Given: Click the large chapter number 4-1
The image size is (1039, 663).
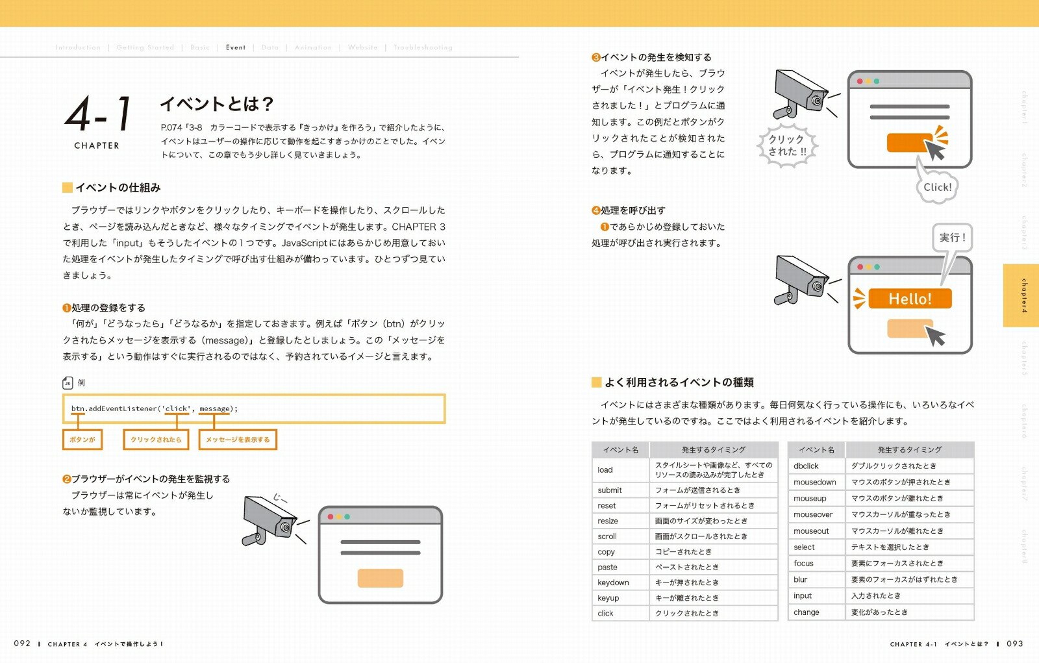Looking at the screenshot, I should [x=99, y=113].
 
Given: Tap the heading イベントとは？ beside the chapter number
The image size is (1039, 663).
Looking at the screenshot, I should [x=217, y=104].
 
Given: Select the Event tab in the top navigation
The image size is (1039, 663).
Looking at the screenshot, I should [x=236, y=47].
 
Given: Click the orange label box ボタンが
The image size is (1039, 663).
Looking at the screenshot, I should [x=82, y=440].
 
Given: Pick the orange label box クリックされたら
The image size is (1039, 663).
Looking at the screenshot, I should [x=156, y=440].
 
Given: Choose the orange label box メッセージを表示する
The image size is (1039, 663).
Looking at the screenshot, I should [x=238, y=440].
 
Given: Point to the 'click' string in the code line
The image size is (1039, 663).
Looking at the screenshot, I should [x=176, y=408].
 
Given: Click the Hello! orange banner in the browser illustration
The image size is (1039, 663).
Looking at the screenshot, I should [x=910, y=299].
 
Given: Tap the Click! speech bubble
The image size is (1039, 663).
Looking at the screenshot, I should [x=937, y=187].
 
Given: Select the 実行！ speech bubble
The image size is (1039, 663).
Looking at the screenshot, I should [x=953, y=238].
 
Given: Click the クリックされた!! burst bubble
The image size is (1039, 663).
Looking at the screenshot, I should [x=787, y=145].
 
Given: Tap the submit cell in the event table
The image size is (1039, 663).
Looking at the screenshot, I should [x=610, y=490].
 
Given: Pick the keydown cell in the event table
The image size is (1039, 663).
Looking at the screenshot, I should [x=613, y=582].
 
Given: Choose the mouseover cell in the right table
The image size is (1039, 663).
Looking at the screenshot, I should [x=812, y=514].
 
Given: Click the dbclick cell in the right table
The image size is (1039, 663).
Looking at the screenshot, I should [x=806, y=466].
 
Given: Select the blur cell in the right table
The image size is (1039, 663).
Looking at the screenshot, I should [x=801, y=579].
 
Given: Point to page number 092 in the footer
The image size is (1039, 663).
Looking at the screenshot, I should [x=22, y=644].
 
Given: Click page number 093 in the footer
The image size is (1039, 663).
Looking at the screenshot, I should [x=1014, y=644].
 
